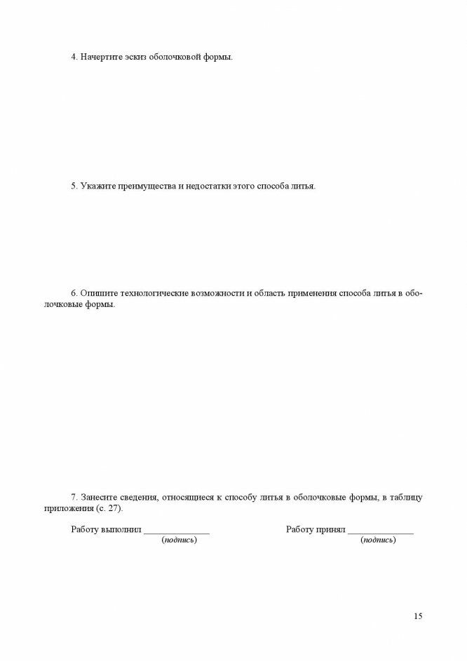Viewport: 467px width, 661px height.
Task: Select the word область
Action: [269, 293]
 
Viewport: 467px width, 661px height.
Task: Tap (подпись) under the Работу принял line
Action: [378, 540]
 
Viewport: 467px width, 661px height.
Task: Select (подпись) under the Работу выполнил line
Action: [179, 540]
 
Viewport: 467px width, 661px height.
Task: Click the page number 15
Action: [418, 617]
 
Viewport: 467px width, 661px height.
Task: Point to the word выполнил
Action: [122, 529]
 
